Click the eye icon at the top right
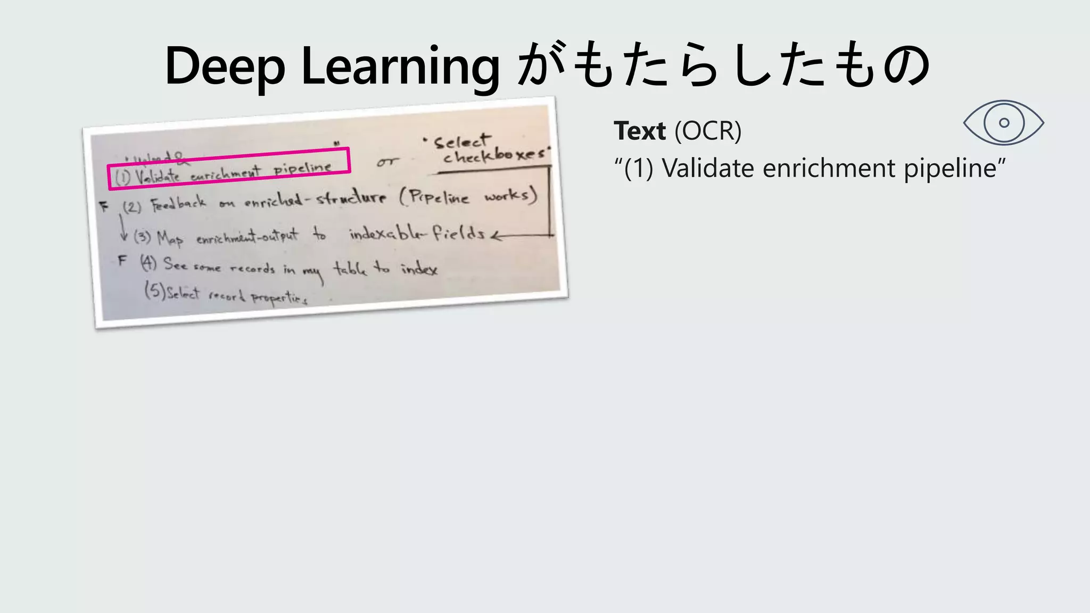(x=1003, y=123)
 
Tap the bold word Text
(x=639, y=131)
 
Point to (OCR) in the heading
(x=708, y=131)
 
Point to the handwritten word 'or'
(x=387, y=162)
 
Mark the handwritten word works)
(x=510, y=196)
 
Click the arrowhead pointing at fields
(x=496, y=236)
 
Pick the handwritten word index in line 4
(x=419, y=269)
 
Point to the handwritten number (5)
(x=155, y=291)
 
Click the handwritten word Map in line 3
(x=170, y=238)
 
